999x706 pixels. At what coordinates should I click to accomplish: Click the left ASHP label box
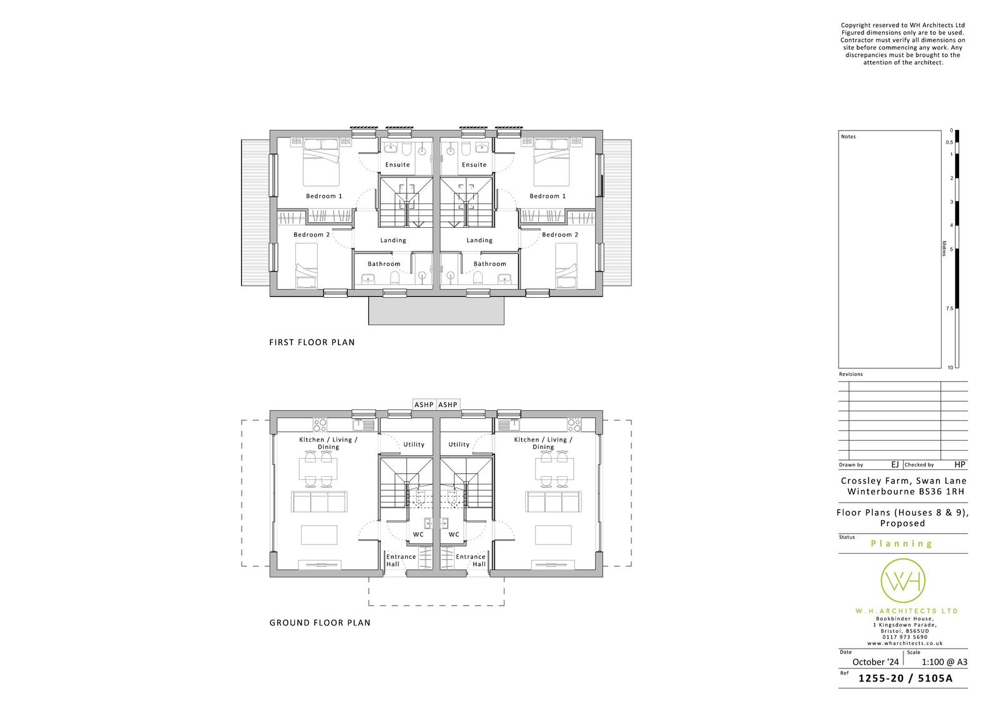[424, 404]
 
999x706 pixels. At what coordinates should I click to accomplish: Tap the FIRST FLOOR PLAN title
[312, 342]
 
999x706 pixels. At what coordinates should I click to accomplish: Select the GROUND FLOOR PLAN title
[320, 622]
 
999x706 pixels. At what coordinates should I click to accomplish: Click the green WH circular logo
[903, 581]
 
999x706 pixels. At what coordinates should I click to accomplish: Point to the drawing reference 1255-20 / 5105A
[905, 679]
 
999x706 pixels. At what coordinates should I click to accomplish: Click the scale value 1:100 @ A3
[944, 662]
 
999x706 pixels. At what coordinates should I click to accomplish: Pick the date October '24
[875, 662]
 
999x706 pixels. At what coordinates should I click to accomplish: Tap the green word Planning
[902, 544]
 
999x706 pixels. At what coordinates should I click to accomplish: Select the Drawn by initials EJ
[895, 464]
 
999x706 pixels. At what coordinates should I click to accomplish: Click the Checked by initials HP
[960, 464]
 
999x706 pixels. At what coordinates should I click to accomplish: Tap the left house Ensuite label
[397, 165]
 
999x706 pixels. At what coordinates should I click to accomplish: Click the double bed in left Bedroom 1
[321, 162]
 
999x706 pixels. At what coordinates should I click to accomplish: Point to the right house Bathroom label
[490, 263]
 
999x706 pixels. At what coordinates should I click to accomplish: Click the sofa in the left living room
[319, 502]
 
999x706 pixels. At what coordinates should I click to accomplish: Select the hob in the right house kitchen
[574, 424]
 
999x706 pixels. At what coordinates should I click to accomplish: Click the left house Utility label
[414, 444]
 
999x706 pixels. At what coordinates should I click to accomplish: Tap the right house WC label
[454, 534]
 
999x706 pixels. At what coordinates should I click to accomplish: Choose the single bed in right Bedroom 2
[566, 265]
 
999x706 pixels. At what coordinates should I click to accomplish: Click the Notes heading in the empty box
[849, 137]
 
